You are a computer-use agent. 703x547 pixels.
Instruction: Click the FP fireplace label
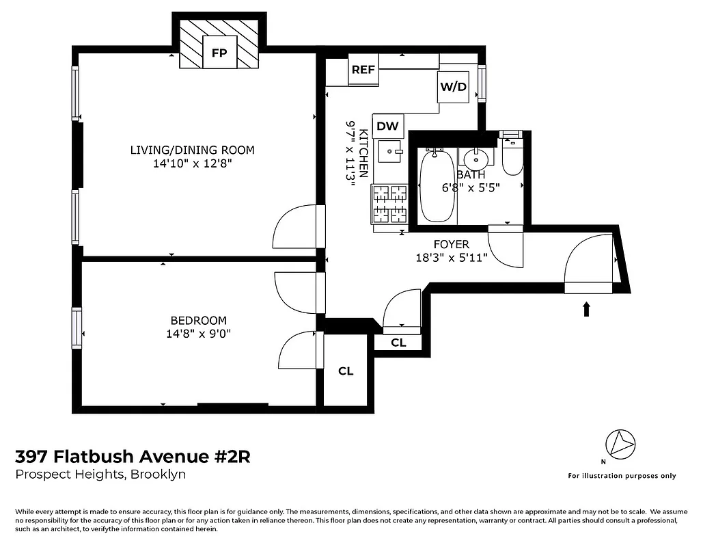[219, 53]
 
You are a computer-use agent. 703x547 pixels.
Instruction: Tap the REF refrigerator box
[363, 70]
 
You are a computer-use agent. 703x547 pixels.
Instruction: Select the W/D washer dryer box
[454, 87]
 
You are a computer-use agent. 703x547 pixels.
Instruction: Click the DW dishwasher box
[388, 125]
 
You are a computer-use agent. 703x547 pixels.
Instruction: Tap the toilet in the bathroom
[512, 157]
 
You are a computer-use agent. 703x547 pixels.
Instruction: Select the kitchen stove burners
[389, 204]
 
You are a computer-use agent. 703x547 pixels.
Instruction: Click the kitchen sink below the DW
[391, 151]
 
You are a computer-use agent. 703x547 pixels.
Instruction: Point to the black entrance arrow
[586, 309]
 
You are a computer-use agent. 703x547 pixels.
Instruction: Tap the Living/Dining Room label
[193, 150]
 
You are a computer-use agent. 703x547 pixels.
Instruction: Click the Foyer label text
[452, 244]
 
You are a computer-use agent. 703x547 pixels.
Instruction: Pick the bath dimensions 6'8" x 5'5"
[471, 187]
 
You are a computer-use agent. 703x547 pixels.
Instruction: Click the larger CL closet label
[346, 371]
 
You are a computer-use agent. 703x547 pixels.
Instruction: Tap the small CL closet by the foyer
[398, 343]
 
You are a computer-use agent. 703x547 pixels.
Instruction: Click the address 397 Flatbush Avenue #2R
[133, 456]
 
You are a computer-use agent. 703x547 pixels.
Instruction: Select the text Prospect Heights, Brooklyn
[100, 475]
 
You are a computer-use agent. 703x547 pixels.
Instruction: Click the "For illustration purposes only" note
[622, 476]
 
